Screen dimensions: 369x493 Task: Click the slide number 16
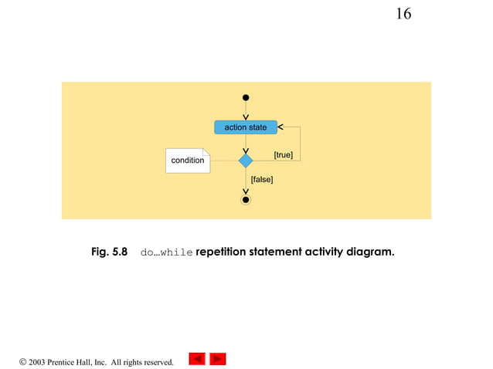[403, 14]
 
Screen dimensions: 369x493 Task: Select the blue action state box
[245, 127]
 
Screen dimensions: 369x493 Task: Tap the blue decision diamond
[246, 161]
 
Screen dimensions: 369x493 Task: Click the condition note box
[188, 161]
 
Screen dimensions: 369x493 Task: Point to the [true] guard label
[283, 155]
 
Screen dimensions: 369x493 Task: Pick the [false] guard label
[262, 179]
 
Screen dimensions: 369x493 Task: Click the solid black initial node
[246, 98]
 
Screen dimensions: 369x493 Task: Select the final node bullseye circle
[246, 200]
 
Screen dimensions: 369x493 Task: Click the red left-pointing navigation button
[197, 359]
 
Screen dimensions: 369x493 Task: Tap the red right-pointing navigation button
[218, 359]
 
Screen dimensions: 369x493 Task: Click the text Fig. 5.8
[109, 252]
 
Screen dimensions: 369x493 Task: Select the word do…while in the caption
[166, 252]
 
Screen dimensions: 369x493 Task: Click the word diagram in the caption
[370, 252]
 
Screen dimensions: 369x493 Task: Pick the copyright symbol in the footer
[23, 361]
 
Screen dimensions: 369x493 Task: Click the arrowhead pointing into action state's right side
[280, 127]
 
